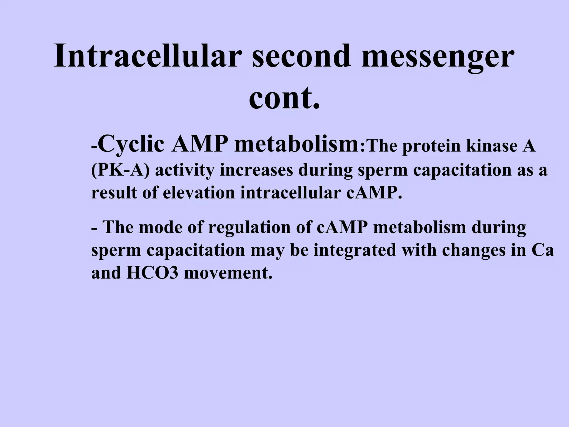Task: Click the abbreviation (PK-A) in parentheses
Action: coord(120,170)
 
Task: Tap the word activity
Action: coord(184,170)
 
